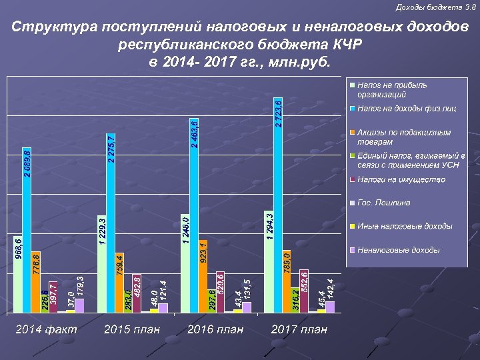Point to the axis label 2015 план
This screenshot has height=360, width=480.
tap(133, 329)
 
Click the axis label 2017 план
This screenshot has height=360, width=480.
tap(299, 329)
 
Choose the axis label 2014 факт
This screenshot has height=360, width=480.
tap(47, 329)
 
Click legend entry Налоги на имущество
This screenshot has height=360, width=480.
tap(401, 179)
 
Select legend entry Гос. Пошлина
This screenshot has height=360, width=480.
tap(383, 203)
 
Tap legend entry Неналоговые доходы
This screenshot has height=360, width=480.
tap(398, 250)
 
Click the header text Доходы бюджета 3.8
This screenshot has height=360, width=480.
tap(445, 7)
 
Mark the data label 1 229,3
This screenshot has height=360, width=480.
tap(102, 230)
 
